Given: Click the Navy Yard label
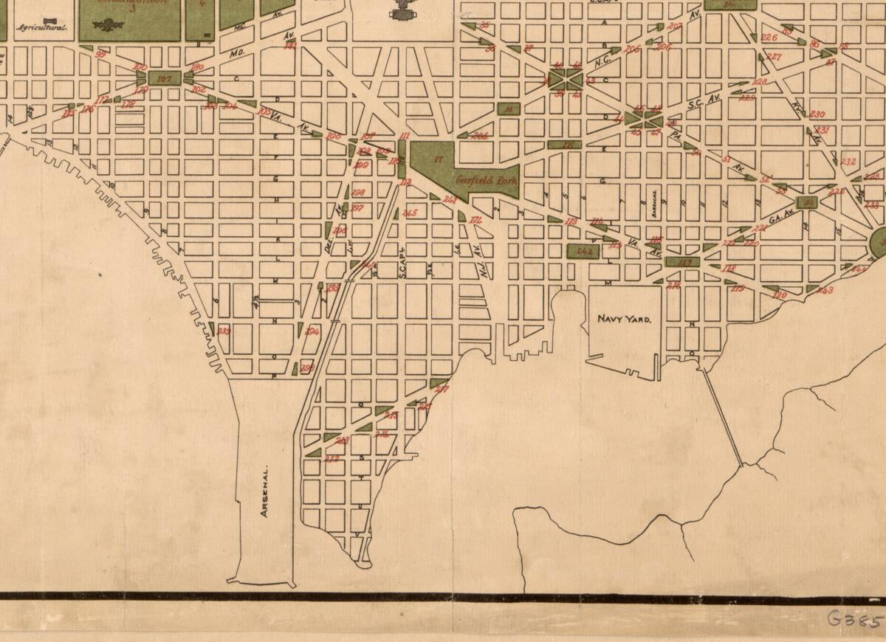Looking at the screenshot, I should pos(624,320).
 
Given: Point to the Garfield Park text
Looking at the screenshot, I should pos(486,179).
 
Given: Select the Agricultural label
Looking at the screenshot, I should pos(43,29).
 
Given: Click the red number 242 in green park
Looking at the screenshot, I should pos(584,251).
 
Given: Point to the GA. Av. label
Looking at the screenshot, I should pos(777,219).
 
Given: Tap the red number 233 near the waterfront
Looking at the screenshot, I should pos(223,331).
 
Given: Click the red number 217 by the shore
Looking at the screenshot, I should pos(442,388).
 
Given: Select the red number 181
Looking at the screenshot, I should pos(290,46).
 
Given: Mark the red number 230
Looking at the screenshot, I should pos(817,114).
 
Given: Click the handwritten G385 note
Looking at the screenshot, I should pos(855,618).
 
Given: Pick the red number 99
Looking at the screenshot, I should pos(101,54).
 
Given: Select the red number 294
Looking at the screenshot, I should pos(312,331).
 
